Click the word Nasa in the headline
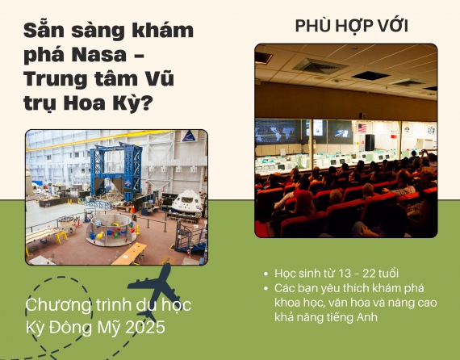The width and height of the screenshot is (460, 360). (99, 55)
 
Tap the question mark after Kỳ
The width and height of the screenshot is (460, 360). (146, 103)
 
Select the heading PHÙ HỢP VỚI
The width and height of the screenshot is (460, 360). (351, 26)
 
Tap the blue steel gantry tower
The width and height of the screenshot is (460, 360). (116, 170)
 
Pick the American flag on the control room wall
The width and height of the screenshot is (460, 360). (362, 128)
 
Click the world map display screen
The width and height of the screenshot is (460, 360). (275, 132)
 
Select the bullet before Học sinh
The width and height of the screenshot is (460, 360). (266, 274)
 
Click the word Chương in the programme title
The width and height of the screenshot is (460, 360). (59, 305)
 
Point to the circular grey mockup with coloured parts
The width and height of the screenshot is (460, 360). (111, 230)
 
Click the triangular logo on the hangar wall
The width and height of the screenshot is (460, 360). (189, 136)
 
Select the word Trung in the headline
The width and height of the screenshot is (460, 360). (55, 79)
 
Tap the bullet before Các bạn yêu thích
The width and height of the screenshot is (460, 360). (266, 288)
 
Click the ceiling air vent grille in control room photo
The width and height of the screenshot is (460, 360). (320, 66)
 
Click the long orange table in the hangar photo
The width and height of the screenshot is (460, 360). (129, 253)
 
